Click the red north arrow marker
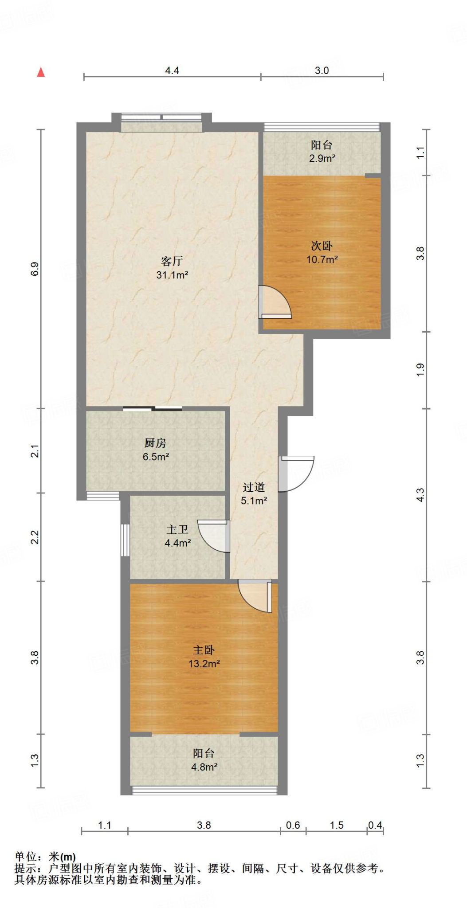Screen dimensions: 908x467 (41, 72)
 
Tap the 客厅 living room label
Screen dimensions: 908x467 (172, 261)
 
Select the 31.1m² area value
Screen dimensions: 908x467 (172, 275)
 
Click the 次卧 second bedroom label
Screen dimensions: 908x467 (322, 246)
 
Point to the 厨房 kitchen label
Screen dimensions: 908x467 (155, 442)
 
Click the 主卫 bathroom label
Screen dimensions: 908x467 (177, 529)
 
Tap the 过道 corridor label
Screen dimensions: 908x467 (254, 487)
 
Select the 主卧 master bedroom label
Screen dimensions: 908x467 (204, 650)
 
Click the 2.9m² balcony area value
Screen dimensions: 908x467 (322, 158)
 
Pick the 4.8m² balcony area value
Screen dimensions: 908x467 (204, 767)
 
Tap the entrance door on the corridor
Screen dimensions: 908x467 (296, 474)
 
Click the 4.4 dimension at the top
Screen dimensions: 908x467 (172, 70)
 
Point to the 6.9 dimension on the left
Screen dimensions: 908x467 (35, 269)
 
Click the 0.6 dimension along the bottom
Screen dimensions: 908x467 (293, 825)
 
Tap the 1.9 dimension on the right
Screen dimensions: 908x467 (420, 370)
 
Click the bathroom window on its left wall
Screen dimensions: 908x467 (125, 540)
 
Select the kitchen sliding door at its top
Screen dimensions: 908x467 (153, 408)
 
